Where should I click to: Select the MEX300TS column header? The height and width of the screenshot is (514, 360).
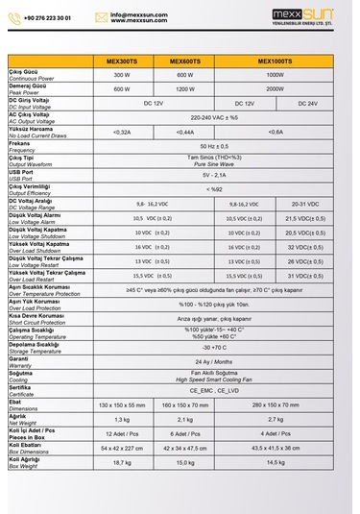pos(121,61)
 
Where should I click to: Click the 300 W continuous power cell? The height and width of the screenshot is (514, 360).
pos(121,75)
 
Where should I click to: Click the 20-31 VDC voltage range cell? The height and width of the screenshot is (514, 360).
pos(305,204)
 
